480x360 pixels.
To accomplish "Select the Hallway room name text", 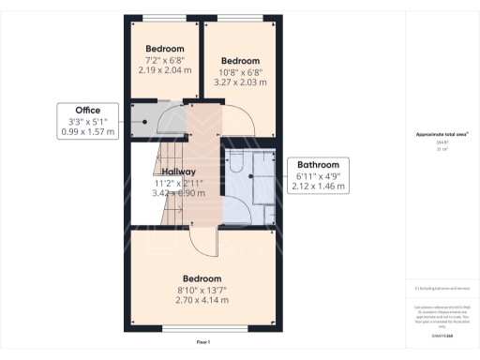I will [178, 172].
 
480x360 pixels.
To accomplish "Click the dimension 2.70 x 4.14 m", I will [202, 303].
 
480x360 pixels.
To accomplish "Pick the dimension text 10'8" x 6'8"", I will [241, 71].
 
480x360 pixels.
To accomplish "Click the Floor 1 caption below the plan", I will [202, 344].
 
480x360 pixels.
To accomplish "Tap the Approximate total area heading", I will [442, 134].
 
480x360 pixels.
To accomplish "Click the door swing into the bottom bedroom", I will [202, 242].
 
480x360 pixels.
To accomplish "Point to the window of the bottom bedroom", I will [202, 328].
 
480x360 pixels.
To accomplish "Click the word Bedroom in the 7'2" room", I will [165, 49].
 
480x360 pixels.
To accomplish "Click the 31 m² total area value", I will [442, 149].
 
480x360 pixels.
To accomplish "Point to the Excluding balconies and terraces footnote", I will [442, 288].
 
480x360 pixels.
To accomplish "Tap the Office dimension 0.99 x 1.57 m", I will [88, 132].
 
